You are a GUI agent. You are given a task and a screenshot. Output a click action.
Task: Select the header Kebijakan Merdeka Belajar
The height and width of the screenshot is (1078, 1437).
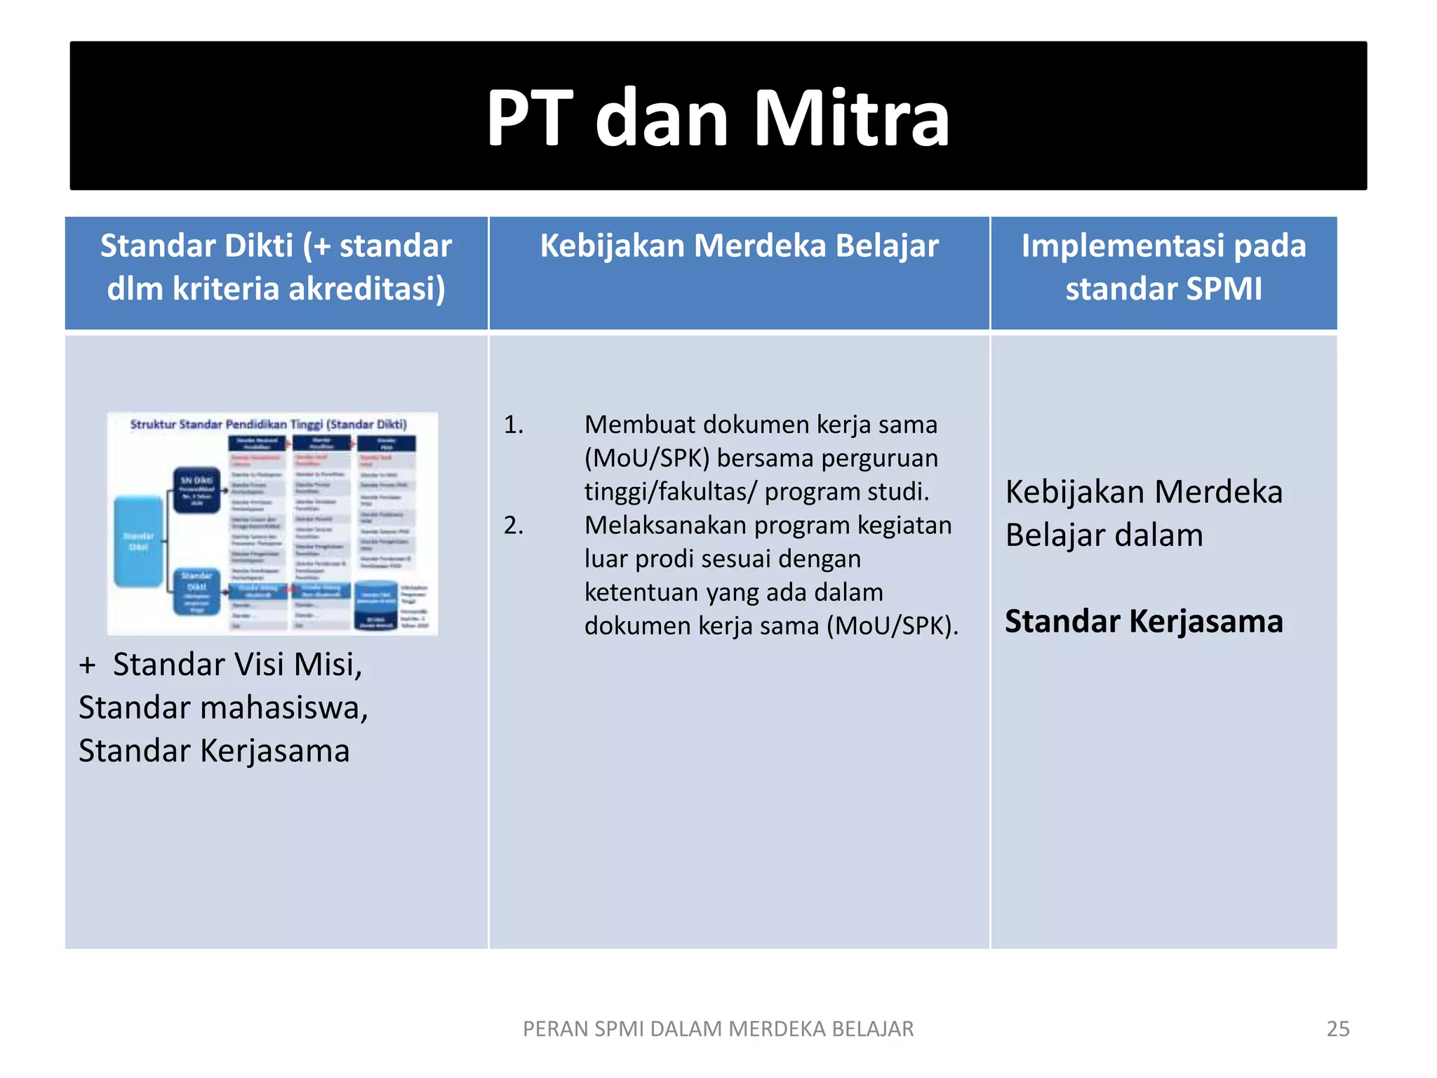point(739,246)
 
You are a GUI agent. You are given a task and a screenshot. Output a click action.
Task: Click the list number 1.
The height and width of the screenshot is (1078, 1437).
point(513,425)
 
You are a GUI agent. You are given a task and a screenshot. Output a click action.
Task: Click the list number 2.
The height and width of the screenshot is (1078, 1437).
point(513,525)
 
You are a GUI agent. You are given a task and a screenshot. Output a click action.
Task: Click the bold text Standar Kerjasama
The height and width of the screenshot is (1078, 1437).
point(1144,621)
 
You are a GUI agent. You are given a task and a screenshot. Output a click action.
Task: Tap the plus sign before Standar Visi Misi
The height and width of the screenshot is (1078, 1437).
point(87,665)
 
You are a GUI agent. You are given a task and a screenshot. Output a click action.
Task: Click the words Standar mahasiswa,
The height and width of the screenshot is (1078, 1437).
point(223,707)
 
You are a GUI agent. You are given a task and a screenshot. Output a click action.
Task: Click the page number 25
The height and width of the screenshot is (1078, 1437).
point(1337,1029)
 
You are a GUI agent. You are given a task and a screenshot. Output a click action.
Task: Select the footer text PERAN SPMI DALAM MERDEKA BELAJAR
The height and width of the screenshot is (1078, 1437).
point(718,1029)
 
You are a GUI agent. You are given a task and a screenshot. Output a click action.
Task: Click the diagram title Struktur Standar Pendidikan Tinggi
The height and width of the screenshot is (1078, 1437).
point(268,424)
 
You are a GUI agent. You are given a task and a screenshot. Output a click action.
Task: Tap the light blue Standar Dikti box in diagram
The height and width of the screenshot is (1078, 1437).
point(138,541)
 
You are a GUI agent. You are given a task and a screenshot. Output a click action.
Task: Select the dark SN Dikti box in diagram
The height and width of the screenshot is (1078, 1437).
point(196,490)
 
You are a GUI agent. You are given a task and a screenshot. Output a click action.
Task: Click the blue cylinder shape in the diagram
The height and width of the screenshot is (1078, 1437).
point(376,604)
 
